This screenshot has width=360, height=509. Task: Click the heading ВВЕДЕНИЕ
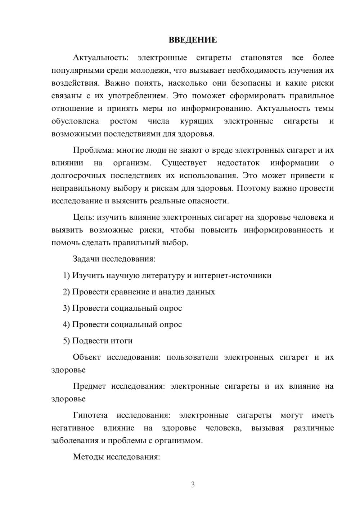click(x=193, y=40)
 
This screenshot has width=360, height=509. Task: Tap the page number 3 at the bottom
click(x=193, y=485)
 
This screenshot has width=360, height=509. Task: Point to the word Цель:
click(x=84, y=217)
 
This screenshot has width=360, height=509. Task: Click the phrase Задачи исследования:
click(x=114, y=259)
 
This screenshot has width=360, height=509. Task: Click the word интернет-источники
click(x=233, y=275)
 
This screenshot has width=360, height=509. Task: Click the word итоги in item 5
click(x=122, y=341)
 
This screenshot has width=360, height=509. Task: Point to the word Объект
click(x=87, y=357)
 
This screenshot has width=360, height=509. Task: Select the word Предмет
click(x=89, y=386)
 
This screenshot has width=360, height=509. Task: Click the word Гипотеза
click(x=90, y=415)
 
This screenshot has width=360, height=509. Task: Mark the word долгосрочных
click(x=78, y=176)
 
